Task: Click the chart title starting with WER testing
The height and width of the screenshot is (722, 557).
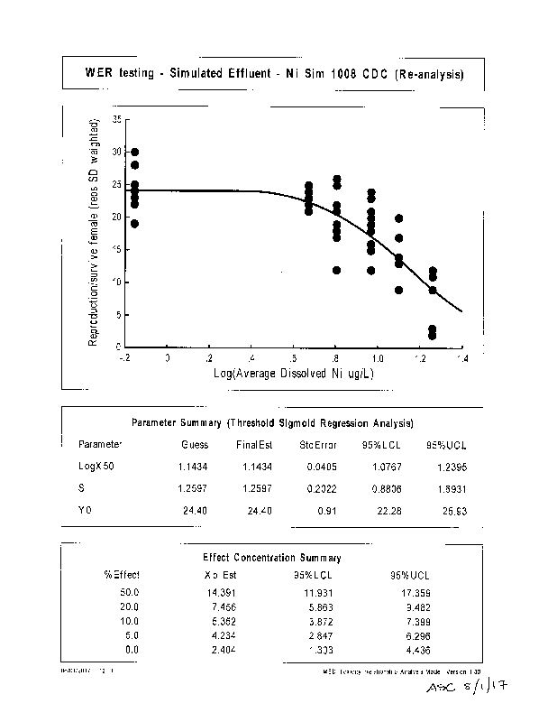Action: point(275,74)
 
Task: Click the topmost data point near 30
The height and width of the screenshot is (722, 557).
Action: point(134,153)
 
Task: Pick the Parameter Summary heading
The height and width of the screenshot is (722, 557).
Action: point(273,422)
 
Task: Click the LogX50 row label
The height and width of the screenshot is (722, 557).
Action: point(96,466)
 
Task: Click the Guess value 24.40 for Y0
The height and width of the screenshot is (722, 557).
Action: point(195,511)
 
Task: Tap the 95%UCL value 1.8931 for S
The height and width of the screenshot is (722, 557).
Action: point(449,488)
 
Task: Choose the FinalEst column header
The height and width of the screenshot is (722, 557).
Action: point(254,445)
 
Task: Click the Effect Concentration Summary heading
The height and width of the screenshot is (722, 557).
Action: point(273,558)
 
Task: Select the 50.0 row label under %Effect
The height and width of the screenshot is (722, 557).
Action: point(129,592)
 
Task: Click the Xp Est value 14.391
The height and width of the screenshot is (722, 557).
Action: point(219,592)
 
